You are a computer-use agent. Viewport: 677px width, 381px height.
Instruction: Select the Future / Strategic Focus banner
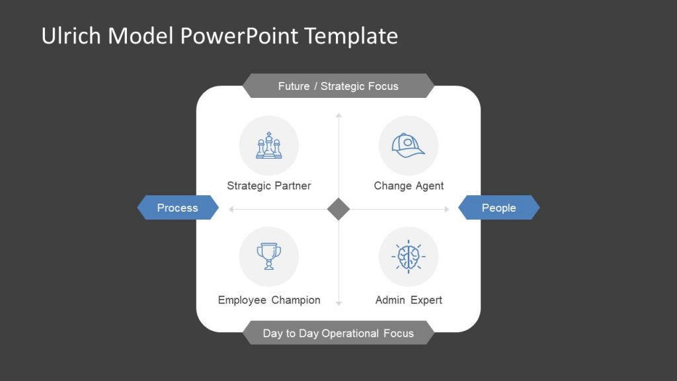click(x=338, y=86)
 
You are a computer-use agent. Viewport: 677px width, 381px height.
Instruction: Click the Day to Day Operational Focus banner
click(x=338, y=333)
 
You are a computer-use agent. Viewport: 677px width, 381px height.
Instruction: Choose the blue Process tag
click(x=177, y=208)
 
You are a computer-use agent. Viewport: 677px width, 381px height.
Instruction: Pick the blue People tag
click(x=498, y=208)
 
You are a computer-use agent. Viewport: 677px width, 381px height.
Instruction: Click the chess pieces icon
click(x=268, y=146)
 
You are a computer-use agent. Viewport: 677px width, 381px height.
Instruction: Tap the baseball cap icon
click(x=408, y=146)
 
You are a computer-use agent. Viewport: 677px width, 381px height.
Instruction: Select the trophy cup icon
click(x=268, y=256)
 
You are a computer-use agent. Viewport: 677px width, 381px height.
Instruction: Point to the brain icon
click(x=408, y=256)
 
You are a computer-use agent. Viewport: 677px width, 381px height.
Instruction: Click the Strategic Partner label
click(x=268, y=186)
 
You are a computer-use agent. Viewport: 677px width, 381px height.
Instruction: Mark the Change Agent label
click(x=409, y=186)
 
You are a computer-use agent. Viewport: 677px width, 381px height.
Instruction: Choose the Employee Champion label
click(x=269, y=300)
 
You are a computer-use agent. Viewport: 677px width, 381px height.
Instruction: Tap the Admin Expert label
click(x=409, y=300)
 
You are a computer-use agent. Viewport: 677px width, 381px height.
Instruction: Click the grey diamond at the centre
click(x=338, y=209)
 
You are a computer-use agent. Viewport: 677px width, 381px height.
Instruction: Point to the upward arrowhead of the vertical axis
click(x=338, y=116)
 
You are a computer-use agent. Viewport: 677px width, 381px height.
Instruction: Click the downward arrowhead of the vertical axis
click(x=338, y=303)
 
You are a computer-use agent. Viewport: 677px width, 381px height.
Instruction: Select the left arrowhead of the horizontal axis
click(x=231, y=209)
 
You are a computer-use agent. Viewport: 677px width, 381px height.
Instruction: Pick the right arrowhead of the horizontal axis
click(x=447, y=209)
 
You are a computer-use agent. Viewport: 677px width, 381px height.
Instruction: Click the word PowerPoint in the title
click(x=241, y=36)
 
